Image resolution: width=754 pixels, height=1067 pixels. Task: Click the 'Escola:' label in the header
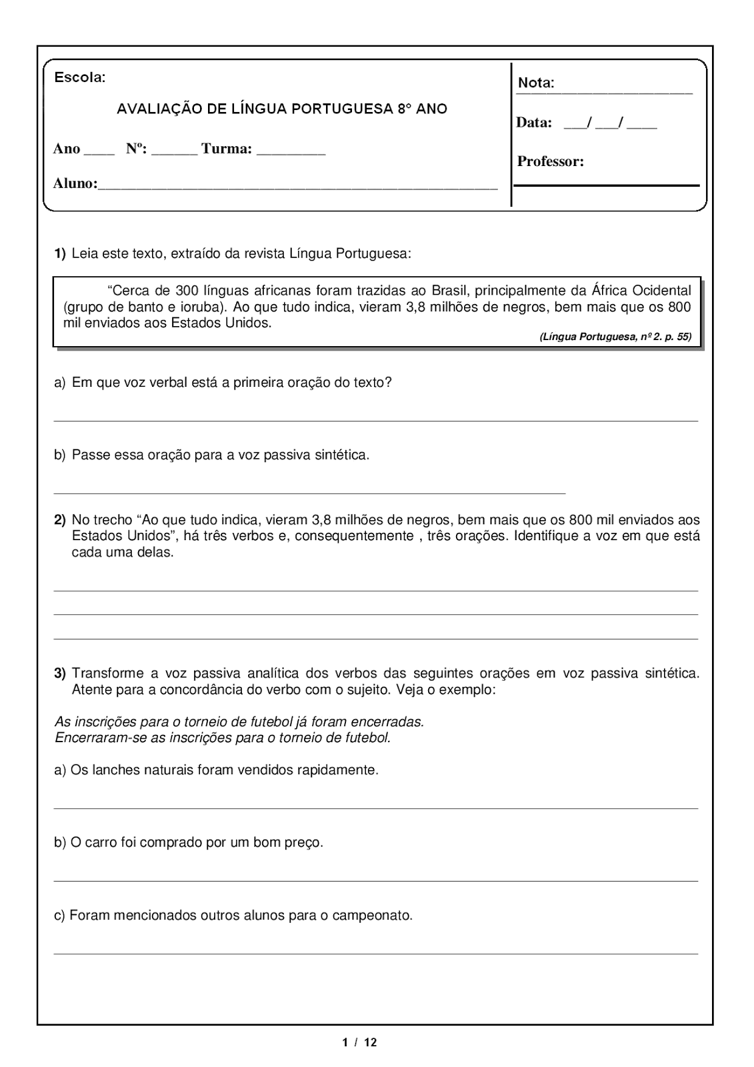tap(79, 77)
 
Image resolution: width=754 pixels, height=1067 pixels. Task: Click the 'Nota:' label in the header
tap(536, 83)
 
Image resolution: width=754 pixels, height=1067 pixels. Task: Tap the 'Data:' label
tap(534, 123)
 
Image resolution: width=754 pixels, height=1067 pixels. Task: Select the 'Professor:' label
tap(551, 161)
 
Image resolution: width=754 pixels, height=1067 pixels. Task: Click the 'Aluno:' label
tap(75, 183)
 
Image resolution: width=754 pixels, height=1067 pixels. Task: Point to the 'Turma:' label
tap(227, 149)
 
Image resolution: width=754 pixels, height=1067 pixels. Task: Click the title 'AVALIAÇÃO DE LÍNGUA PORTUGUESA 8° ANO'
tap(282, 109)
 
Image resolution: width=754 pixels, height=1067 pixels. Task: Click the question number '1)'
tap(60, 253)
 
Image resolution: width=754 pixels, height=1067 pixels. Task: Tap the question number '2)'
tap(60, 519)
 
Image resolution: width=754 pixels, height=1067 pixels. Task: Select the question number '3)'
tap(60, 674)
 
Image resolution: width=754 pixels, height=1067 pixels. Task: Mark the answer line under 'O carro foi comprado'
tap(375, 881)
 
